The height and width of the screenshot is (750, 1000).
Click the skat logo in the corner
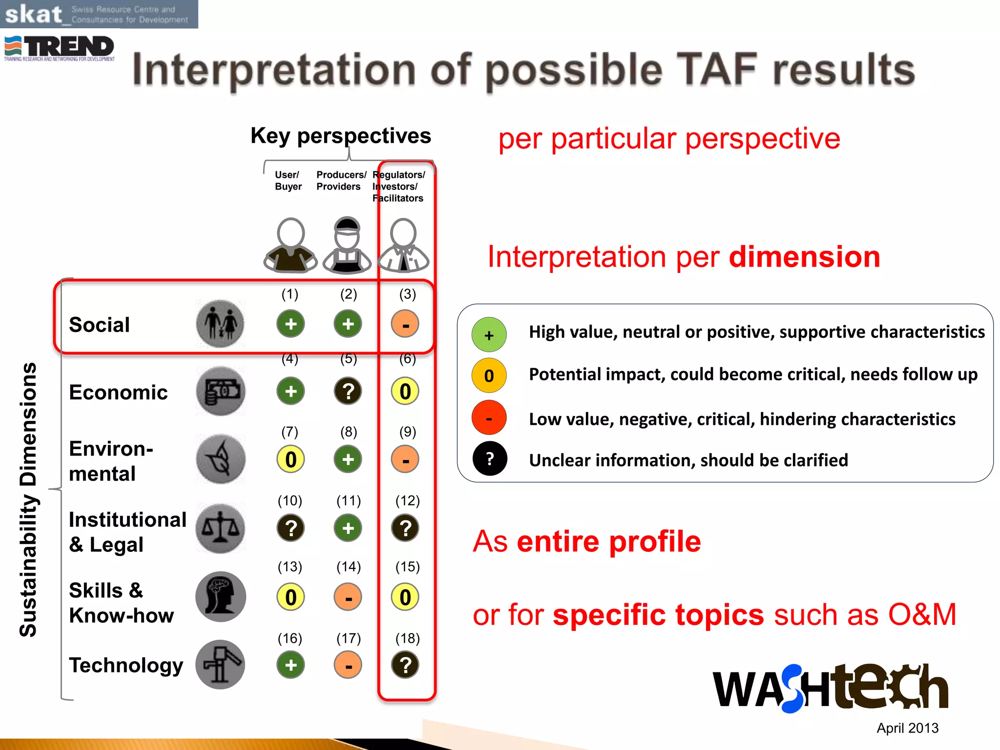coord(98,14)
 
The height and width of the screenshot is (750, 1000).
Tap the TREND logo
coord(60,48)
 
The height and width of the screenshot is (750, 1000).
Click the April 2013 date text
coord(907,728)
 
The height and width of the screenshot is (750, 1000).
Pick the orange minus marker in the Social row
coord(405,324)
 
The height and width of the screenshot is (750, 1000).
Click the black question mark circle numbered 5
coord(348,391)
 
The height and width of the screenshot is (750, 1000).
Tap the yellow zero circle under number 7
coord(291,459)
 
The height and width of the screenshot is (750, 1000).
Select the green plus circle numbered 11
coord(348,528)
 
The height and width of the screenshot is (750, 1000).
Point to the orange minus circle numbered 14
coord(348,597)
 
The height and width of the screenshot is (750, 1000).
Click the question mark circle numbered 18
coord(405,665)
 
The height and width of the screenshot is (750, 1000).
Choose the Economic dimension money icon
coord(221,391)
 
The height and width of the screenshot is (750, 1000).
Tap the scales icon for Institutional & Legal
coord(221,528)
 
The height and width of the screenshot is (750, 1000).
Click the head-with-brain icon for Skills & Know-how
coord(221,597)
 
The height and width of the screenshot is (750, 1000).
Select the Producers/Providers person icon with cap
coord(347,246)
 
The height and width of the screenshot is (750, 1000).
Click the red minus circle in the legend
coord(489,418)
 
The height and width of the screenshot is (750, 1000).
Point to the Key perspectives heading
coord(340,136)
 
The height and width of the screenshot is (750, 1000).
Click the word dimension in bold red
coord(804,257)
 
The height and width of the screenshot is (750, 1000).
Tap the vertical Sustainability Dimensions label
coord(28,499)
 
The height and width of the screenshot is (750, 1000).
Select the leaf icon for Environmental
coord(221,459)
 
